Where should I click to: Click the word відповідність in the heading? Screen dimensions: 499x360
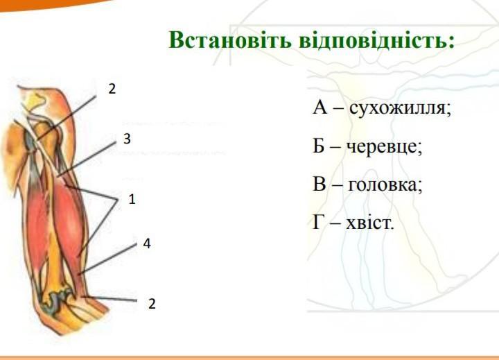pyautogui.click(x=377, y=41)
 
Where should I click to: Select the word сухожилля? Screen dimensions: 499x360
pyautogui.click(x=401, y=108)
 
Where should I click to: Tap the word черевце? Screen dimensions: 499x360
pyautogui.click(x=384, y=147)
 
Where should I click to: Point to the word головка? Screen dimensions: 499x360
pyautogui.click(x=385, y=184)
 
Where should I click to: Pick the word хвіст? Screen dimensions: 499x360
pyautogui.click(x=370, y=223)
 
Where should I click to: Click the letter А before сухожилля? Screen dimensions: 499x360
pyautogui.click(x=319, y=107)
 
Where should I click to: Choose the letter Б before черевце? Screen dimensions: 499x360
pyautogui.click(x=319, y=146)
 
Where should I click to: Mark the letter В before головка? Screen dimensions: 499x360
pyautogui.click(x=319, y=184)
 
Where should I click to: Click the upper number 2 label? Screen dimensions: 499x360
pyautogui.click(x=112, y=89)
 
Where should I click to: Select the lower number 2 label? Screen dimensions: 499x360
pyautogui.click(x=152, y=304)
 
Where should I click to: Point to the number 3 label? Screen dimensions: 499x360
pyautogui.click(x=127, y=139)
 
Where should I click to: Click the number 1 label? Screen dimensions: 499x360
pyautogui.click(x=132, y=200)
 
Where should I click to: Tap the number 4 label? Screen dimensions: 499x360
pyautogui.click(x=147, y=243)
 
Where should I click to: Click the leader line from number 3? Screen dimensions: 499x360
pyautogui.click(x=87, y=159)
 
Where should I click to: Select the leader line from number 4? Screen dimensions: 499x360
pyautogui.click(x=108, y=259)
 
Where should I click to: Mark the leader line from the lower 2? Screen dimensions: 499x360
pyautogui.click(x=110, y=298)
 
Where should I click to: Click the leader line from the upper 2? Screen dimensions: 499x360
pyautogui.click(x=65, y=118)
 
